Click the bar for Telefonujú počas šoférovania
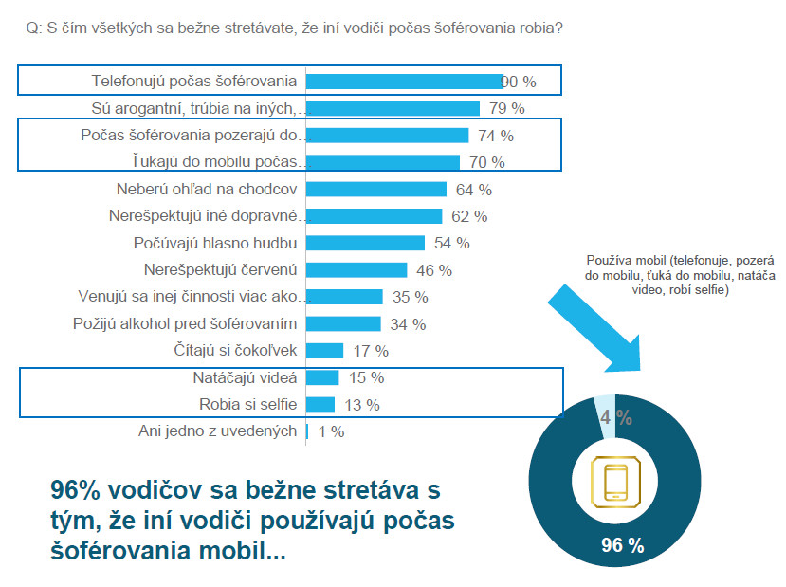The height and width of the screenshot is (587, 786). pyautogui.click(x=404, y=82)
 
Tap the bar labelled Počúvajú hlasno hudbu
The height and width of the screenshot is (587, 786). pyautogui.click(x=365, y=243)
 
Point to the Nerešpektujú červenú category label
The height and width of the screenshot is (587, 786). pyautogui.click(x=221, y=270)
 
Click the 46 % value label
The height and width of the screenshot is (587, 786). pyautogui.click(x=433, y=270)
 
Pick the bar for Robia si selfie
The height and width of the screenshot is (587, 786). pyautogui.click(x=320, y=405)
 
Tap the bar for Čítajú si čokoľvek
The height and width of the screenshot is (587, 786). pyautogui.click(x=324, y=351)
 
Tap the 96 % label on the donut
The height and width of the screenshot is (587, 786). pyautogui.click(x=623, y=545)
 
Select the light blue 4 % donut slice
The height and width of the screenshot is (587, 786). pyautogui.click(x=606, y=418)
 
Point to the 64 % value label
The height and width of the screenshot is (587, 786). pyautogui.click(x=472, y=190)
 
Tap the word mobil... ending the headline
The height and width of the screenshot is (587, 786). pyautogui.click(x=247, y=551)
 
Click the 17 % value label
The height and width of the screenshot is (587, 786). pyautogui.click(x=370, y=351)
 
